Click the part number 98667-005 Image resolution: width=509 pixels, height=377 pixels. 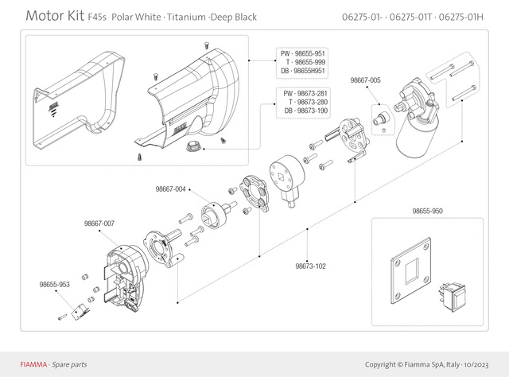[365, 80]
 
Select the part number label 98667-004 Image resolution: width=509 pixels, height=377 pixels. [170, 189]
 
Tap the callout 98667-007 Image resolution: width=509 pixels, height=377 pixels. [99, 223]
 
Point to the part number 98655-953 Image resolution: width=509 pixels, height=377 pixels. [54, 283]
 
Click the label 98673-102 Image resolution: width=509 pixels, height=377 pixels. [310, 266]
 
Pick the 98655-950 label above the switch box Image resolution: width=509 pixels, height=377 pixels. [428, 212]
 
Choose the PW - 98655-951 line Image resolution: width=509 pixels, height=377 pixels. [303, 53]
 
